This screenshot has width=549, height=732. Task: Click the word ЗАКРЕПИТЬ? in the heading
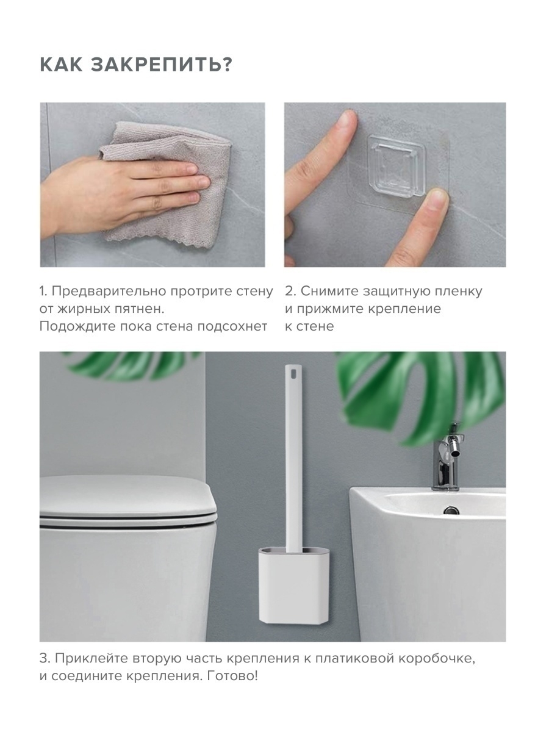click(x=161, y=65)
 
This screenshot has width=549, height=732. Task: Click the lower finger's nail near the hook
click(x=437, y=199)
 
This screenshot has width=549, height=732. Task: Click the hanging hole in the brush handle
click(x=293, y=373)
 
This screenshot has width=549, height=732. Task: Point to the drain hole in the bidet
click(x=451, y=510)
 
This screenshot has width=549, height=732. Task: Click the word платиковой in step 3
click(x=354, y=664)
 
